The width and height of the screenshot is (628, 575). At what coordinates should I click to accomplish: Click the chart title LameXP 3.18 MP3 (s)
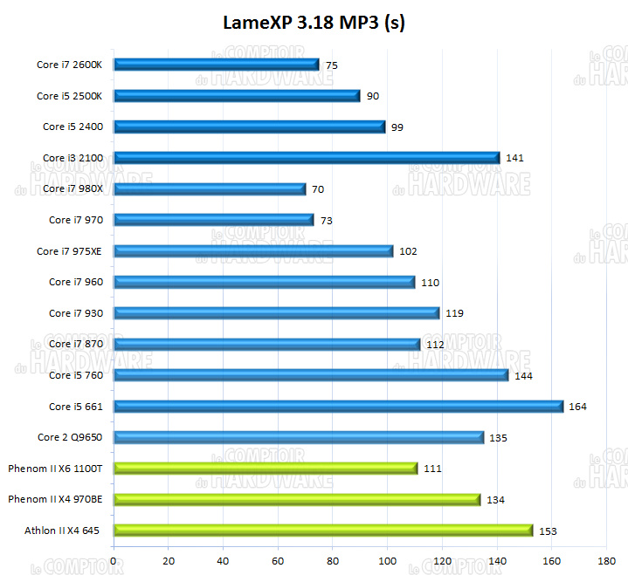(314, 23)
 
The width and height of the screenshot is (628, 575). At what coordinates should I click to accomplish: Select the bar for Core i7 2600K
(217, 65)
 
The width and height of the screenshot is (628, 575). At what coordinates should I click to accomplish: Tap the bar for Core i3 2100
(307, 158)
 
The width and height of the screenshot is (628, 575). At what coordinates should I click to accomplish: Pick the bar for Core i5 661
(338, 407)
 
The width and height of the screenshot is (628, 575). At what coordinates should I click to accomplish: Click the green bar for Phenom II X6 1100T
(266, 469)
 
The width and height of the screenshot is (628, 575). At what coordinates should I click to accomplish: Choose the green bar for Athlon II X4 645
(323, 531)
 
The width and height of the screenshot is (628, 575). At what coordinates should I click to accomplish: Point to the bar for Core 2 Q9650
(299, 437)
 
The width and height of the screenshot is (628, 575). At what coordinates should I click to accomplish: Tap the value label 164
(577, 407)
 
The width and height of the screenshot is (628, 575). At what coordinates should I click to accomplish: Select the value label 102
(408, 251)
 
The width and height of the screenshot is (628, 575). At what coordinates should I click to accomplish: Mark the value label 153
(548, 531)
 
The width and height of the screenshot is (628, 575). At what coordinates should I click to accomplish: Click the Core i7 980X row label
(69, 189)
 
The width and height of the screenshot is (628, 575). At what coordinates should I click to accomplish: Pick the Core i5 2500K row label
(69, 96)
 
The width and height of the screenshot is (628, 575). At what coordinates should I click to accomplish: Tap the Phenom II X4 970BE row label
(55, 500)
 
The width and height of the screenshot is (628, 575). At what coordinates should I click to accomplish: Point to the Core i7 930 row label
(75, 313)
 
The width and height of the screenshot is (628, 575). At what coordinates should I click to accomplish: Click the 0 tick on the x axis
(114, 561)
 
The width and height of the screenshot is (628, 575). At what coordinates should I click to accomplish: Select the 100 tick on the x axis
(388, 561)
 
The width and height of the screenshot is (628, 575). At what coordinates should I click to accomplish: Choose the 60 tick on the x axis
(279, 561)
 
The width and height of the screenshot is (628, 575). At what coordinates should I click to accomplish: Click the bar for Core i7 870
(267, 345)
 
